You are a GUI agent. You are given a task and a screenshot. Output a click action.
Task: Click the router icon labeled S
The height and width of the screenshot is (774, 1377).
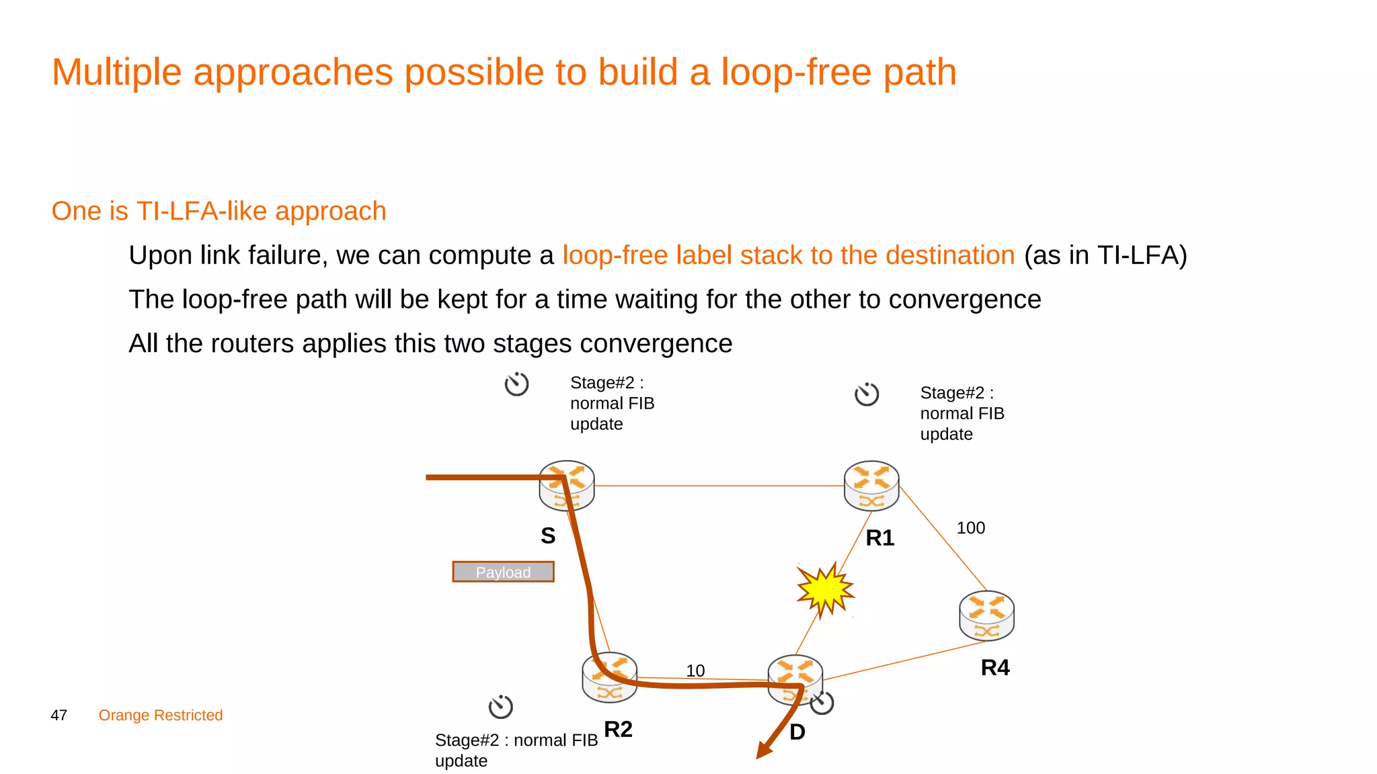(567, 485)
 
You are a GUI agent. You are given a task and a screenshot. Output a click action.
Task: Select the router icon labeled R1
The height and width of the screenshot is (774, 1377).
(871, 485)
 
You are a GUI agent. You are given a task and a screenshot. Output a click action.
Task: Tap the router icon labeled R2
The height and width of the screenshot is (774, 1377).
(609, 677)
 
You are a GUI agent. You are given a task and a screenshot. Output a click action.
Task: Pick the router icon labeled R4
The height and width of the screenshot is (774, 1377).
(986, 615)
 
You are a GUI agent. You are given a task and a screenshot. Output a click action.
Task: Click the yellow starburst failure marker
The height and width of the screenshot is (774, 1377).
(824, 589)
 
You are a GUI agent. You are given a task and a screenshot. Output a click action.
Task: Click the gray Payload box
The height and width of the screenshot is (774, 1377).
(503, 572)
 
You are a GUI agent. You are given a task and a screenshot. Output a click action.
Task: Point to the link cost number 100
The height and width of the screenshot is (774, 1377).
(971, 528)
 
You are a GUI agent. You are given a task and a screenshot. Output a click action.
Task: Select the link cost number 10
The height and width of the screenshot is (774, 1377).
(695, 671)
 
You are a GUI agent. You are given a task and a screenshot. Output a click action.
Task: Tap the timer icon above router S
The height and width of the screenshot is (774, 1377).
(516, 384)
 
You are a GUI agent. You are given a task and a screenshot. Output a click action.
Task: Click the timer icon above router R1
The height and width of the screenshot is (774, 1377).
(867, 394)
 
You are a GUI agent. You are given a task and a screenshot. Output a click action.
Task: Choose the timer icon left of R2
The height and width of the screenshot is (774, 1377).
(500, 706)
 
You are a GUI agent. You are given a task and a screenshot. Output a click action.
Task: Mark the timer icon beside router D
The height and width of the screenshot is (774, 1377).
(822, 702)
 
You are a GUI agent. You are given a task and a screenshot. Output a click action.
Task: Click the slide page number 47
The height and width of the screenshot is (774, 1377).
(59, 715)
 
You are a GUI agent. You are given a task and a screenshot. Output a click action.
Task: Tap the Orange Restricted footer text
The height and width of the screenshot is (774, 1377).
(161, 715)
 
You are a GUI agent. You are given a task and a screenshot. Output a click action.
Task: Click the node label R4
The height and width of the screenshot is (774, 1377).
(995, 667)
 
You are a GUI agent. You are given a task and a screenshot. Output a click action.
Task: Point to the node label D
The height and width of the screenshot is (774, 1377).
(797, 732)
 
